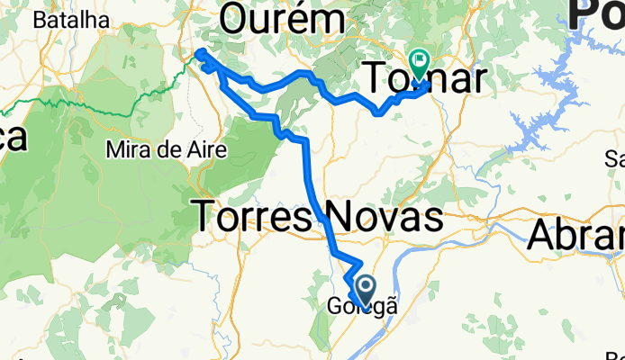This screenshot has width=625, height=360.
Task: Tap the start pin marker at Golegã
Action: tap(367, 288)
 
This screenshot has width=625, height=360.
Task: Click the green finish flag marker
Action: tap(419, 61)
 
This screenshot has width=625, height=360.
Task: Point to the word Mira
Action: tap(126, 148)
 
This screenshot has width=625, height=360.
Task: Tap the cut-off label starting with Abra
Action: tap(576, 236)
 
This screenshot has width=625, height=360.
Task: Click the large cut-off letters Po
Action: tap(597, 16)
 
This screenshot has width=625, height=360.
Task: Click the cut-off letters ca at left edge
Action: tap(13, 138)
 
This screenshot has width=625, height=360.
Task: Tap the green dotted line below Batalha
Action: tap(90, 103)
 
